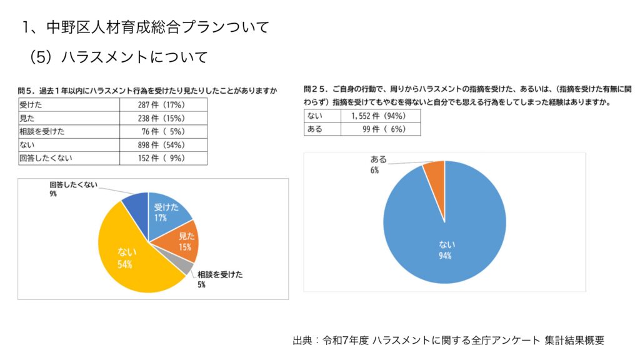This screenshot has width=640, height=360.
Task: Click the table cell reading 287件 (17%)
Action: [x=162, y=105]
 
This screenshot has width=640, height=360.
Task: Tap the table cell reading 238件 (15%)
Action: [x=162, y=118]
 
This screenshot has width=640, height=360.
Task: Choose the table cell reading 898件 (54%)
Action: [x=162, y=145]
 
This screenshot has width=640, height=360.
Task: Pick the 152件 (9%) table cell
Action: [x=162, y=158]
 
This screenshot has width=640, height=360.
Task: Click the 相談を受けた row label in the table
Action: [x=69, y=132]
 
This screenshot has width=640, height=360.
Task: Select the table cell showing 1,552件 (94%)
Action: [x=379, y=116]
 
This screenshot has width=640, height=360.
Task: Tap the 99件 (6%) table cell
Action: [x=379, y=129]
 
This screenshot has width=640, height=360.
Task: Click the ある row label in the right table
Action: [x=321, y=129]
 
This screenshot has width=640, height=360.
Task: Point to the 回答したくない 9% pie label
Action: [x=72, y=189]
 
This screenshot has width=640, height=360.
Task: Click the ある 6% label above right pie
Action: [x=378, y=164]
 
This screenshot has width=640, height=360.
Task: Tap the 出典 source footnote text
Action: [x=448, y=341]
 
